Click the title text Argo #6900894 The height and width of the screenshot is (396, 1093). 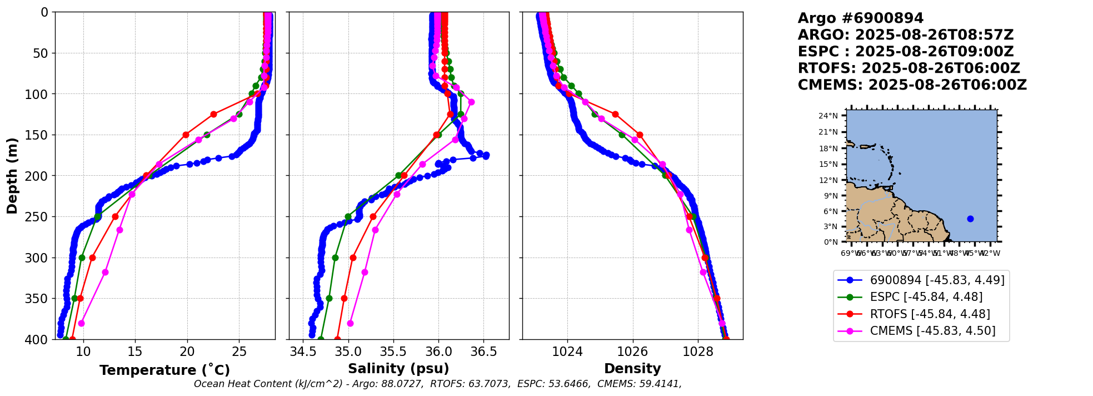click(x=860, y=18)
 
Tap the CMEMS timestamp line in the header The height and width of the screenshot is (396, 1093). click(x=912, y=85)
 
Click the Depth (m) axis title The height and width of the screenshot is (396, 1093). click(x=12, y=176)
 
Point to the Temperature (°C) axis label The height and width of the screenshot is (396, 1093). click(x=164, y=370)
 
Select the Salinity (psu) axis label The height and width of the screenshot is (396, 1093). click(x=398, y=369)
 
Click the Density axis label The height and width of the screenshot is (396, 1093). click(x=632, y=369)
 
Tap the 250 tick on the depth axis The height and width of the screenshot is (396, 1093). click(x=38, y=217)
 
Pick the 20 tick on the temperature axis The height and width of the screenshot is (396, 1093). click(x=187, y=352)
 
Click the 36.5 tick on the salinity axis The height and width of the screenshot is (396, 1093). click(x=483, y=352)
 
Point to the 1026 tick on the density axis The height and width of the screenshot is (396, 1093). click(x=632, y=352)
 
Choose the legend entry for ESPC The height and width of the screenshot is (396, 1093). click(x=926, y=297)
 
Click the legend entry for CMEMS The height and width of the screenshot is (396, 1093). click(x=932, y=331)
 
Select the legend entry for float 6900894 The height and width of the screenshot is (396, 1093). click(x=937, y=280)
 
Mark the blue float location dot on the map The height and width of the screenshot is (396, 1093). click(x=970, y=219)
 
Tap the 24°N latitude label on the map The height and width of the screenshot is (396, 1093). click(x=828, y=116)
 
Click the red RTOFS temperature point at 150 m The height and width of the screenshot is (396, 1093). click(x=186, y=135)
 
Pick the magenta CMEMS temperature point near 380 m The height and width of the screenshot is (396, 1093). click(x=81, y=323)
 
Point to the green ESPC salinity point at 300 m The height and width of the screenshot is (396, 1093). click(x=335, y=258)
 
